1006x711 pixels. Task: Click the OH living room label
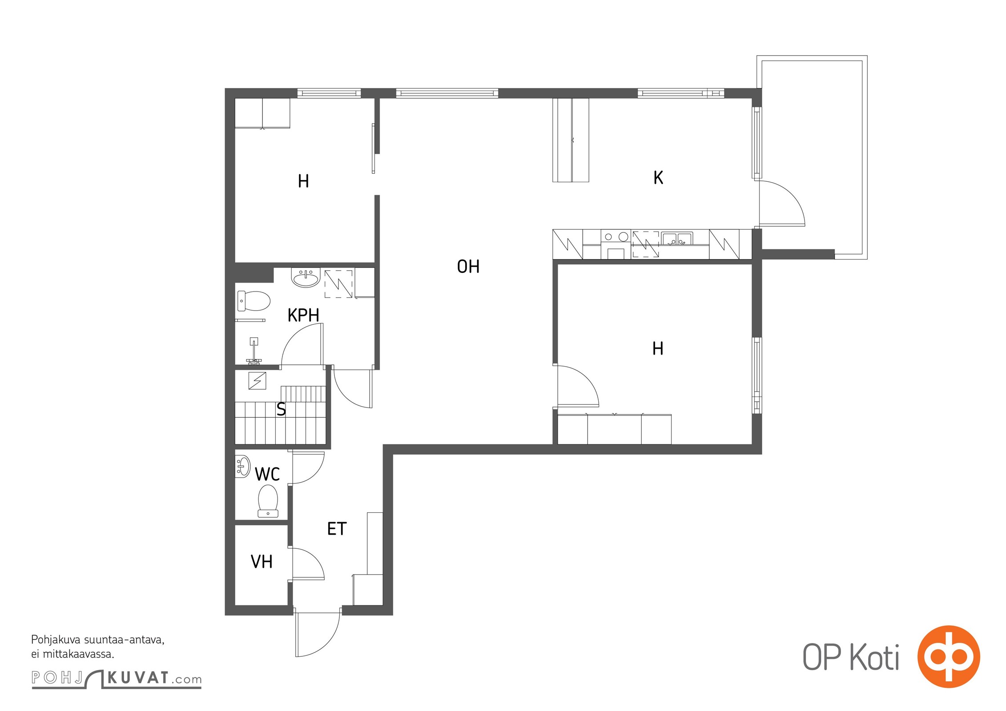(x=468, y=267)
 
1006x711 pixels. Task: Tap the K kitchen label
(x=658, y=178)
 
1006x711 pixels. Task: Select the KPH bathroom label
(x=303, y=315)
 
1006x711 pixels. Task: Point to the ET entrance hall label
(x=337, y=529)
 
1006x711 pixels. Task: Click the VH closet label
(x=262, y=562)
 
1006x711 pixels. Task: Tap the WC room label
(x=267, y=475)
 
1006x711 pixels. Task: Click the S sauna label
(x=281, y=409)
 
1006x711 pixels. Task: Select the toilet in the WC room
(x=268, y=501)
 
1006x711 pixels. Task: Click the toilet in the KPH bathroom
(x=254, y=301)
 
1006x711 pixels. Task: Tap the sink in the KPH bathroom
(x=306, y=278)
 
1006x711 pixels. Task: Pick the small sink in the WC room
(x=243, y=467)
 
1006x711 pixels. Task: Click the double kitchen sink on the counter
(x=676, y=239)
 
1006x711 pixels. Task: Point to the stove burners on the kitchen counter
(x=616, y=237)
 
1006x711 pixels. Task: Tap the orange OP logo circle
(x=949, y=656)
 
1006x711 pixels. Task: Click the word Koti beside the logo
(x=875, y=657)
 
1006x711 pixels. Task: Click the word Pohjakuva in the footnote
(x=55, y=640)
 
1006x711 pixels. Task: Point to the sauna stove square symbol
(x=257, y=381)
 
